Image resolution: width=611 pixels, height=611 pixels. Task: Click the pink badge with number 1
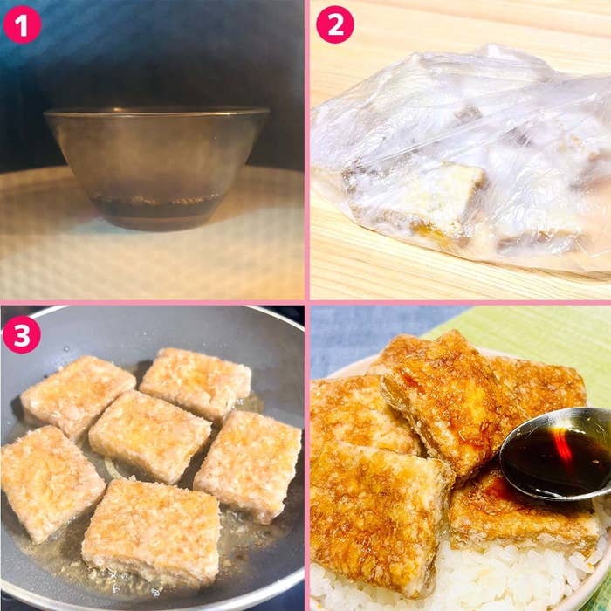(x=22, y=24)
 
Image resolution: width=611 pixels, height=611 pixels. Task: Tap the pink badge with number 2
(x=335, y=24)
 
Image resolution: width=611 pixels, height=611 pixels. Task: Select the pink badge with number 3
(x=22, y=334)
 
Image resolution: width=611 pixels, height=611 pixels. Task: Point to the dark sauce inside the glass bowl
(x=156, y=207)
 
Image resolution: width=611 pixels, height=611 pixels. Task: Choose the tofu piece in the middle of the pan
(x=150, y=436)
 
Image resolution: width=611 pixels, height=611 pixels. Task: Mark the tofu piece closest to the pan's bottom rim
(x=152, y=534)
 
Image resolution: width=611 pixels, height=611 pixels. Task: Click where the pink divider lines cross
(x=307, y=302)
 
